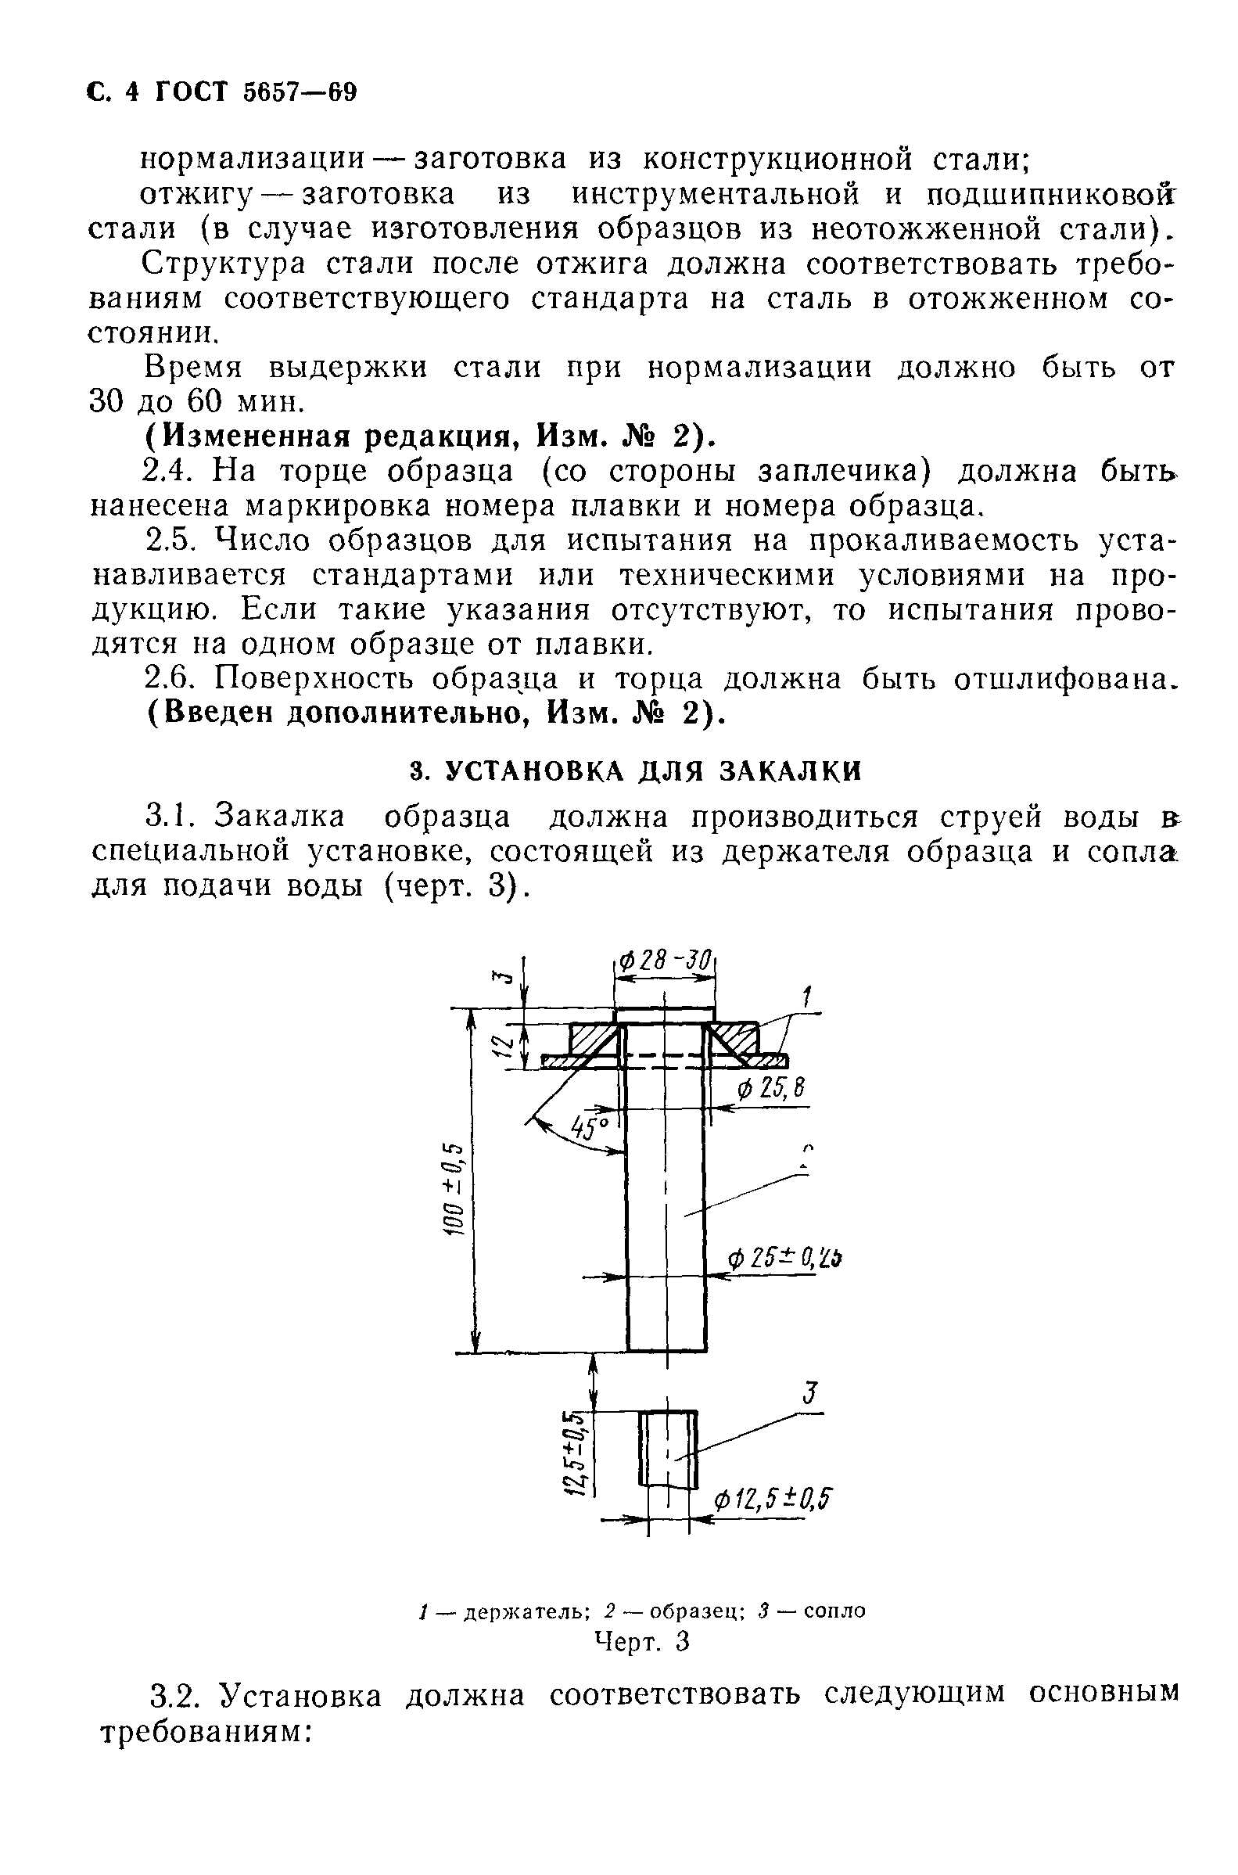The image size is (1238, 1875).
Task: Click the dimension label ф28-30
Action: pyautogui.click(x=665, y=962)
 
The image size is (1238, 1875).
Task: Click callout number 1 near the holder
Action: pyautogui.click(x=807, y=997)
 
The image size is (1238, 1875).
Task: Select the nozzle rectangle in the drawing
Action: pyautogui.click(x=668, y=1449)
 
